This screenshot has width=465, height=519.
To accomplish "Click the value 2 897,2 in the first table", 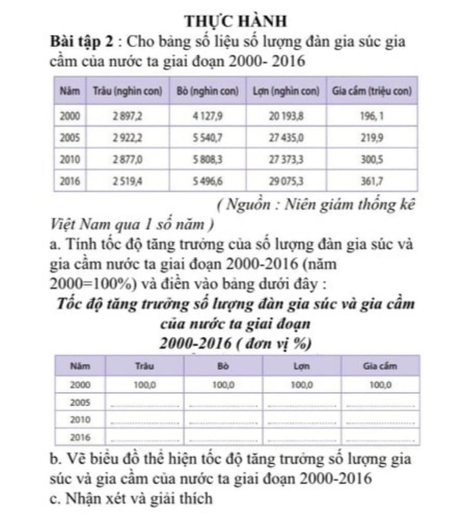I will [128, 116].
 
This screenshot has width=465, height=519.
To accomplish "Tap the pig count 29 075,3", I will [286, 182].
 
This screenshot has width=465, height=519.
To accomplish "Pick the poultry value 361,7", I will [372, 182].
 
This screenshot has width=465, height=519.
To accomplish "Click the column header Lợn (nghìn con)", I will [286, 91].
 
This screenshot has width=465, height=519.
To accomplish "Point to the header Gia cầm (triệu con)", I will [372, 91].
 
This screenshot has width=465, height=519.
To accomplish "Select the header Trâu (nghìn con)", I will [128, 91].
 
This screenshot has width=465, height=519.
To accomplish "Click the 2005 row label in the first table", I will [70, 138].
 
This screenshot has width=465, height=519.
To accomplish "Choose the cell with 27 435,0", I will [286, 138].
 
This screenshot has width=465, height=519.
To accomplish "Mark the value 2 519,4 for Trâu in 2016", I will [128, 182].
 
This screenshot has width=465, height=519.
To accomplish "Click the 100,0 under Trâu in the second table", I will [145, 385].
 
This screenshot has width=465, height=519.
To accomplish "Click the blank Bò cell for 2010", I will [223, 420].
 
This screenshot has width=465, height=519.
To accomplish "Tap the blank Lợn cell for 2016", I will [302, 438].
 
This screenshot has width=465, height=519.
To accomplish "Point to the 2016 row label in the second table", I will [80, 438].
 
